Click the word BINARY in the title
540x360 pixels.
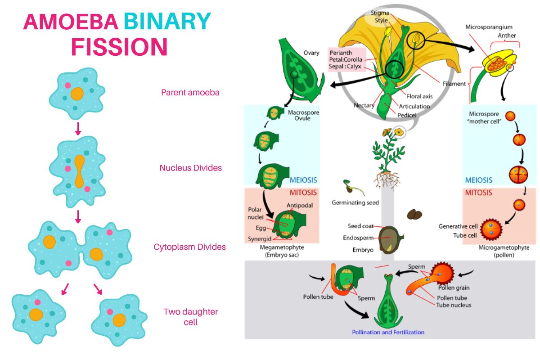167,22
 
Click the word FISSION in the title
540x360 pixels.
119,47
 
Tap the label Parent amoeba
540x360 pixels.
190,93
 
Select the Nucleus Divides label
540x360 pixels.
190,168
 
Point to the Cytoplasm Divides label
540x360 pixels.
190,247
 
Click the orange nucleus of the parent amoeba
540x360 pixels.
77,94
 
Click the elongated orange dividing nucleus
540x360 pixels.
80,171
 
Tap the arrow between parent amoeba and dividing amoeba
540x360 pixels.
78,129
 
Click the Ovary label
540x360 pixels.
311,53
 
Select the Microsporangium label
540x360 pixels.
489,27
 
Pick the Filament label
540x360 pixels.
454,84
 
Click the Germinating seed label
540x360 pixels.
355,202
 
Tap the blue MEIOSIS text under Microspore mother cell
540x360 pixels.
478,180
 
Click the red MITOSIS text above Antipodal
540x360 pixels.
303,193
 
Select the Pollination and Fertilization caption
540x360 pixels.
388,332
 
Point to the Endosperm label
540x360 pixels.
358,238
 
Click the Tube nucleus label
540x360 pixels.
454,305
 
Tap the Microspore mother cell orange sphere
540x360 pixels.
510,116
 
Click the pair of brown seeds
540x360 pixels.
414,214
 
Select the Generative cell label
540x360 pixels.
458,226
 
